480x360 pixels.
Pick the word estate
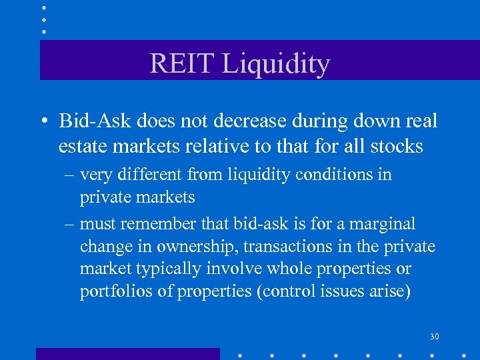(x=81, y=145)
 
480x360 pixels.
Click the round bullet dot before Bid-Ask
(x=43, y=122)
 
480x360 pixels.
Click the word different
(x=151, y=175)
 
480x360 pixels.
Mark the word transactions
(x=283, y=247)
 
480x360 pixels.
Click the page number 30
(x=434, y=337)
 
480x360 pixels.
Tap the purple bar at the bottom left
(x=127, y=353)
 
